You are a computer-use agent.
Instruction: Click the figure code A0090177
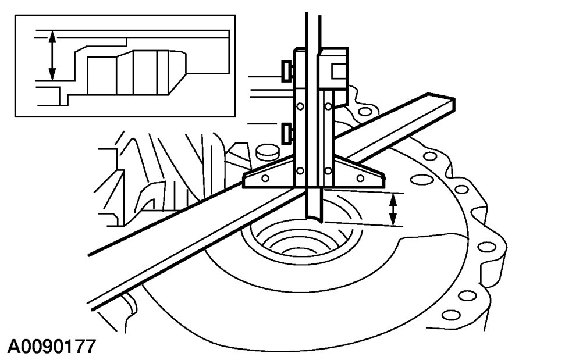point(51,347)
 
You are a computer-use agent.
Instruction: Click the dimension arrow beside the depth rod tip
point(393,209)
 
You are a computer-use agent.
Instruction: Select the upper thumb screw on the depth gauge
point(287,70)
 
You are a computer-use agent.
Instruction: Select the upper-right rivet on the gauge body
point(329,106)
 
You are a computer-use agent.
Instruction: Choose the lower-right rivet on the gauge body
point(329,170)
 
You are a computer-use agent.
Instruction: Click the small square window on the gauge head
point(339,70)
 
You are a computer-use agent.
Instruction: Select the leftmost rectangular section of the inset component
point(102,76)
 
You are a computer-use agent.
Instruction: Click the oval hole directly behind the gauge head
point(365,109)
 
